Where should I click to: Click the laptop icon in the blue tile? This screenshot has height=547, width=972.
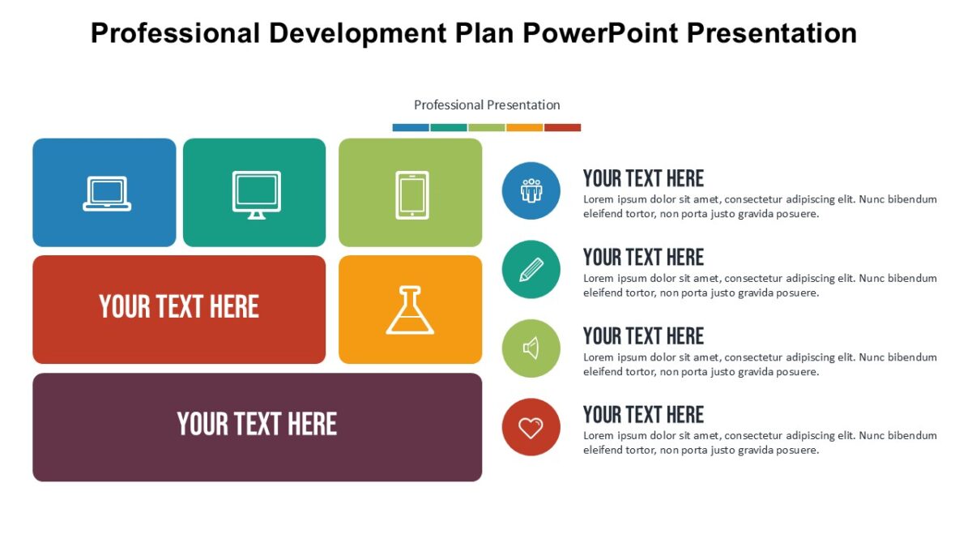coord(107,194)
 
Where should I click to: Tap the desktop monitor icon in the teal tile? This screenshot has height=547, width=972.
coord(256,194)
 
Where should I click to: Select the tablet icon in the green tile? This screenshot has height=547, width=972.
coord(412,194)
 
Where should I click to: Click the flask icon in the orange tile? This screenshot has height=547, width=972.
coord(410,310)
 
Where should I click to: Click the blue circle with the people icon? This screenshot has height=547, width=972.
coord(531,190)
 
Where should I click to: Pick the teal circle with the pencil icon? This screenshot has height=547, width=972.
coord(531,269)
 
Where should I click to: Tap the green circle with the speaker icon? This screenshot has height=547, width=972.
coord(531,348)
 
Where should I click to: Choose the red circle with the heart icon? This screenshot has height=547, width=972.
coord(531,427)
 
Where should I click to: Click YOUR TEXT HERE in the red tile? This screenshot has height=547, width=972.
coord(179,307)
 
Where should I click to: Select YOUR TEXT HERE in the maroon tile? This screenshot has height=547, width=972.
coord(257,424)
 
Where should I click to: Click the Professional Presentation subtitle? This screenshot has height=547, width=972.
coord(487,105)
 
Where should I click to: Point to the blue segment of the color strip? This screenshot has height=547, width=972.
coord(411,127)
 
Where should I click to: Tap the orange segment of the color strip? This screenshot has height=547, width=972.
coord(524,127)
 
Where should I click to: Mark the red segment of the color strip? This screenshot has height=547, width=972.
coord(562,127)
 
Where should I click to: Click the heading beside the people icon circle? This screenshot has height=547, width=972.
coord(643,178)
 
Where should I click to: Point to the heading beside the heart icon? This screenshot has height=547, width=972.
coord(643,415)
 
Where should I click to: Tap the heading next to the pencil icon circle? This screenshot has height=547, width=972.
coord(643,257)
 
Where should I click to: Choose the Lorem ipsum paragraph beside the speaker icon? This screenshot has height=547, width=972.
coord(760,365)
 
